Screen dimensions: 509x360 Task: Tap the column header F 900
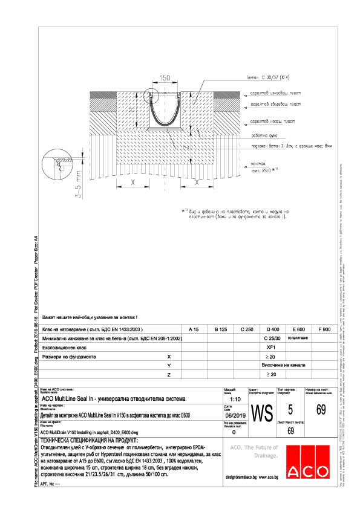tap(324, 329)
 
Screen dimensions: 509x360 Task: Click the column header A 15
tap(194, 329)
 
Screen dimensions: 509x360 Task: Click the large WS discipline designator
tap(261, 415)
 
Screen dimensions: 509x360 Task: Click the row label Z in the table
tap(169, 375)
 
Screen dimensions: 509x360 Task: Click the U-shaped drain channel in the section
tap(162, 112)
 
